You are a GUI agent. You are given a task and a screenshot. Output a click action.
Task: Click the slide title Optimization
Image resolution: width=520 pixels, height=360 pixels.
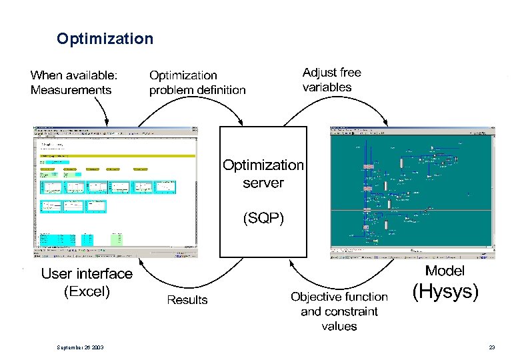105,39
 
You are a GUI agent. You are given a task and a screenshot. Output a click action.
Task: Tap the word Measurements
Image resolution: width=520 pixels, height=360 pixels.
71,90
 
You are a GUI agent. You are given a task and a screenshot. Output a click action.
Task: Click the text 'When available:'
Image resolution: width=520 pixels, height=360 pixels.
74,75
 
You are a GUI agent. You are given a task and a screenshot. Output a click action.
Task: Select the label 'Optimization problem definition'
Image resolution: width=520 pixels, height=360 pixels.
197,83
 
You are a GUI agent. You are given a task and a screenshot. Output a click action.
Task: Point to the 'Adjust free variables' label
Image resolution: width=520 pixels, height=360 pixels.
331,79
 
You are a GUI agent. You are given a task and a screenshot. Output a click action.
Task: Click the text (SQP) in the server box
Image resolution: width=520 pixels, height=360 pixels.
263,218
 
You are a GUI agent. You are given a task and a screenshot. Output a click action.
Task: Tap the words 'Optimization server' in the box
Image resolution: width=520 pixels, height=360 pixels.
263,173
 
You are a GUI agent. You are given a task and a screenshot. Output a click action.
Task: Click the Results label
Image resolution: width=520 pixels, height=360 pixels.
187,300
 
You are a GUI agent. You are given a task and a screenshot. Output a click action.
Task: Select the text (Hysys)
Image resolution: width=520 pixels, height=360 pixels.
445,292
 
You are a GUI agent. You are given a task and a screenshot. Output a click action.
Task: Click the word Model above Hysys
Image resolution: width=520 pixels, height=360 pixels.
445,271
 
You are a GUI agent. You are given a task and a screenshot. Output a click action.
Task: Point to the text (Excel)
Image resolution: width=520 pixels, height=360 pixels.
87,291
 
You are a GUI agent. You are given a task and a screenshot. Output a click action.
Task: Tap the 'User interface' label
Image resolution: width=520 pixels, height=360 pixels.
87,274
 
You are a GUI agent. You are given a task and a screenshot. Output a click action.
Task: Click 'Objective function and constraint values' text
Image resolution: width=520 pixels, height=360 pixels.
339,311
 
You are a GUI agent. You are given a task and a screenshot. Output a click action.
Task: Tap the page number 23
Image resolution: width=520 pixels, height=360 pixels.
492,347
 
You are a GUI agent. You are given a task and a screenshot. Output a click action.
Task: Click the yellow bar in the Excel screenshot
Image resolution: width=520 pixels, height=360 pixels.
117,156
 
